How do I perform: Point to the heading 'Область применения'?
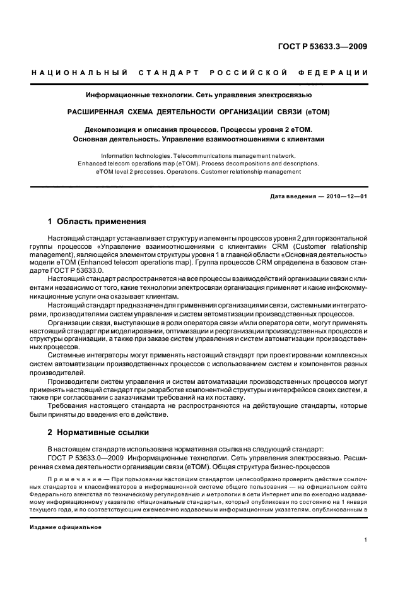[x=102, y=222]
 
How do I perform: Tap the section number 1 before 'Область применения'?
[x=50, y=222]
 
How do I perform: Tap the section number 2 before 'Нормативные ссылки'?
[x=50, y=433]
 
